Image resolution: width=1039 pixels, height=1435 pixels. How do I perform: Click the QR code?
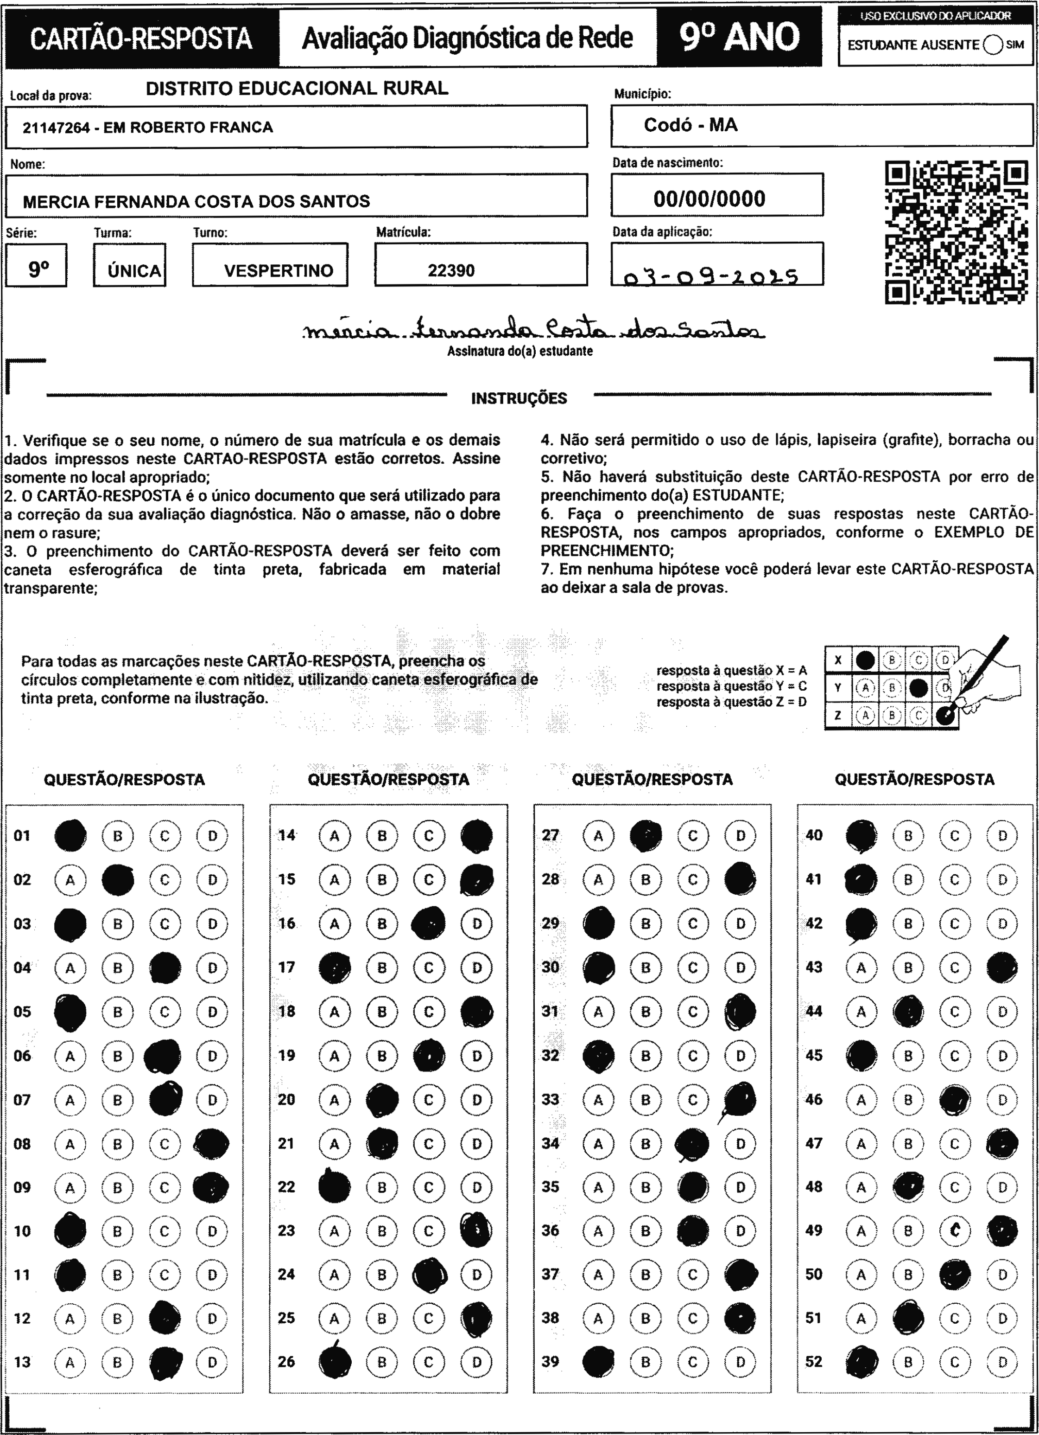(x=956, y=232)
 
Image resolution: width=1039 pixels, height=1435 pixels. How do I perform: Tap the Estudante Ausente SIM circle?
(x=993, y=45)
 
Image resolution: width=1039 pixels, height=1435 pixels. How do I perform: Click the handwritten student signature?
(x=533, y=329)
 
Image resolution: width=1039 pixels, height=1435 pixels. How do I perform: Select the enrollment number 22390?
(x=451, y=270)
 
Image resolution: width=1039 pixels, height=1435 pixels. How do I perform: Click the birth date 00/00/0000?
(x=710, y=199)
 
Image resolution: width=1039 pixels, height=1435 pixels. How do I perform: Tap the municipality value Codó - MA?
(x=691, y=125)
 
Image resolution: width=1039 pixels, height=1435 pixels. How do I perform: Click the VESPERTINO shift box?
(x=278, y=270)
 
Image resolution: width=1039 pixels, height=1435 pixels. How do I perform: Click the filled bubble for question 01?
(x=70, y=835)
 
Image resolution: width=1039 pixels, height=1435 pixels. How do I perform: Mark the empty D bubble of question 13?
(x=212, y=1362)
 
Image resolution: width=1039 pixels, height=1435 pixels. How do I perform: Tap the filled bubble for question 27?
(x=646, y=835)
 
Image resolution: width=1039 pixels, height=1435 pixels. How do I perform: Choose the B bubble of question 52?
(x=908, y=1362)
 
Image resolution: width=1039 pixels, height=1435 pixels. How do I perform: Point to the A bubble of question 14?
(x=335, y=835)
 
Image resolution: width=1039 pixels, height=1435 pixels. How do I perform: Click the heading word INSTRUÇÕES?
(x=519, y=398)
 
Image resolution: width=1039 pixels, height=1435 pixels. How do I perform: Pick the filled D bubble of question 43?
(x=1002, y=967)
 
